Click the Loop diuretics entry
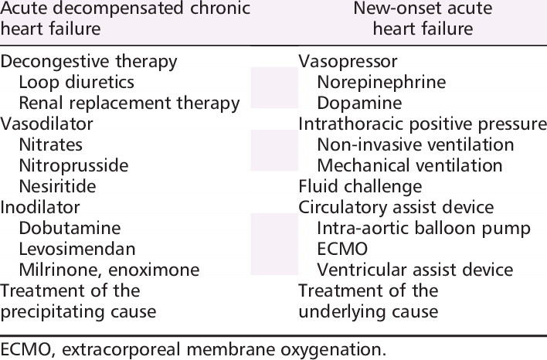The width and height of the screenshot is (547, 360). [76, 83]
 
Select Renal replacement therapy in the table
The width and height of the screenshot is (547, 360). [130, 104]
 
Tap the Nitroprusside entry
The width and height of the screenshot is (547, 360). [73, 165]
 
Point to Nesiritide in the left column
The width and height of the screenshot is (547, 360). [58, 186]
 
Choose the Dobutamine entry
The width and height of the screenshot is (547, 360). [70, 228]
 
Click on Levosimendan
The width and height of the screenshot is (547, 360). [77, 249]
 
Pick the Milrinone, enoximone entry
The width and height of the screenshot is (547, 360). [109, 270]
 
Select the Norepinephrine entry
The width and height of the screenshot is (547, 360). [382, 83]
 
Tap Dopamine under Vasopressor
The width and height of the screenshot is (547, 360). [360, 104]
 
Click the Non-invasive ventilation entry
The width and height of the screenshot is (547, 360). [416, 144]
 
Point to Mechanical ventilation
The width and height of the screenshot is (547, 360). [410, 165]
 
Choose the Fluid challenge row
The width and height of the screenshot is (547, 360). [360, 187]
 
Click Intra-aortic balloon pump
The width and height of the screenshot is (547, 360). [424, 229]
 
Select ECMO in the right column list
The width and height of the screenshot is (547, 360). [342, 249]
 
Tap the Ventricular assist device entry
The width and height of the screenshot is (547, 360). [415, 270]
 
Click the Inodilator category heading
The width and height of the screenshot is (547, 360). [40, 207]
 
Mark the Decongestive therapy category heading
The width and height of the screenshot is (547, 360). [89, 62]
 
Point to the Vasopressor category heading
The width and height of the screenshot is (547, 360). [348, 62]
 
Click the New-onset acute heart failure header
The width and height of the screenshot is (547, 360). [423, 18]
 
